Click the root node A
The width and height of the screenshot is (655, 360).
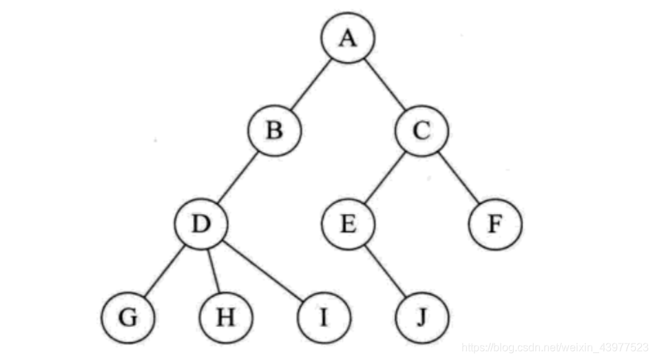click(348, 38)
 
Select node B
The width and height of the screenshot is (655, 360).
click(275, 129)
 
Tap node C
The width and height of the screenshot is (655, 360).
click(422, 129)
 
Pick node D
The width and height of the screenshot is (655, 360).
click(201, 224)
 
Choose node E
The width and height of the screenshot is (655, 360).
click(349, 224)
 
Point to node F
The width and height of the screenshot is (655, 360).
click(496, 224)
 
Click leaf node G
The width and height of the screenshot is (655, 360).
click(127, 318)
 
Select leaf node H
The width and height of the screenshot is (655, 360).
click(225, 318)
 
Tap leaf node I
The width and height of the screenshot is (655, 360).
click(324, 318)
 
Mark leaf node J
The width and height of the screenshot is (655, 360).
click(422, 318)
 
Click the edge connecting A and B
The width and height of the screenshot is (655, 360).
click(311, 84)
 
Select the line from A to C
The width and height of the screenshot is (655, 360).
click(384, 84)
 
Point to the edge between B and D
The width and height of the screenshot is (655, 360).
click(238, 177)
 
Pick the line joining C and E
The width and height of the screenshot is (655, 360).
click(385, 177)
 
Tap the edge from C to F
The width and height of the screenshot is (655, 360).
click(459, 177)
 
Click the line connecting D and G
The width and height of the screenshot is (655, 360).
click(164, 271)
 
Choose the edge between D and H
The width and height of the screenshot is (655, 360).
click(214, 271)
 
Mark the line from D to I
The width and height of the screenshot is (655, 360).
click(262, 271)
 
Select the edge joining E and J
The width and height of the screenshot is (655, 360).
click(385, 271)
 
